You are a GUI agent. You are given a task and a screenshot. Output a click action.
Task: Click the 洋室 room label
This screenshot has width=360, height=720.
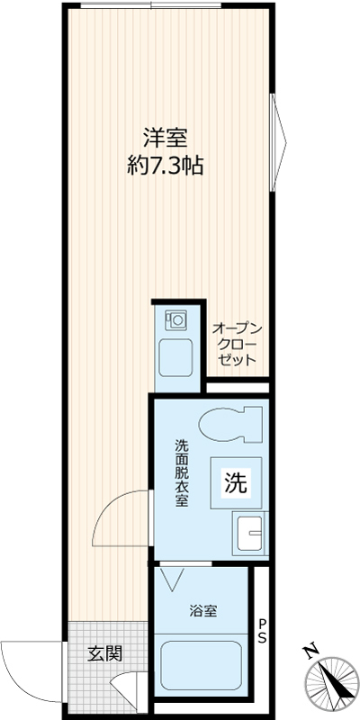[166, 139]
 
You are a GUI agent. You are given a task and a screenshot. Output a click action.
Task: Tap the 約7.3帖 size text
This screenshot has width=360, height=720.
[166, 166]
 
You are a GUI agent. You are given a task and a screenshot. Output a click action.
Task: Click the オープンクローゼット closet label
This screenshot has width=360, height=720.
[237, 344]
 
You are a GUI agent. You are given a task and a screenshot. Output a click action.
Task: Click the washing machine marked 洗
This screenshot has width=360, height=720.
[236, 482]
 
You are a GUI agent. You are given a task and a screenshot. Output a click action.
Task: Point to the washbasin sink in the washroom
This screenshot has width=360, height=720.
[250, 533]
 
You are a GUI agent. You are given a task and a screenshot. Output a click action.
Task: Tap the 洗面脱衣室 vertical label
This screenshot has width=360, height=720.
[181, 473]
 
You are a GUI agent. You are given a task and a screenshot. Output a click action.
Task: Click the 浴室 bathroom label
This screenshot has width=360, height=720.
[203, 611]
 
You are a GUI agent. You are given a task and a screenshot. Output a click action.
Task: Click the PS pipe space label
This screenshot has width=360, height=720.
[262, 631]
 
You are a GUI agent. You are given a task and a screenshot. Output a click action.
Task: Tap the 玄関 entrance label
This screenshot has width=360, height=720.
[105, 654]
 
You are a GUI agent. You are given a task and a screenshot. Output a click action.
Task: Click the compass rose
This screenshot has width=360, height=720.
[333, 682]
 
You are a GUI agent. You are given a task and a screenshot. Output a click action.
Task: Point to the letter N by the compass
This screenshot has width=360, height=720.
[310, 651]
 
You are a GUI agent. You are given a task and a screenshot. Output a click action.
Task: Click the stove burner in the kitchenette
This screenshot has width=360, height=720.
[176, 319]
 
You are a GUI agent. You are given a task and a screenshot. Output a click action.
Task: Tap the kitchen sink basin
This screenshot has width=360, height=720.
[175, 357]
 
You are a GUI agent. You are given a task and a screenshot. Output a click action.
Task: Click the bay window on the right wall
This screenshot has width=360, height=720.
[278, 142]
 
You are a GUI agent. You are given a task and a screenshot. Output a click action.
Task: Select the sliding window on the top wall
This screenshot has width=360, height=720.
[150, 5]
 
